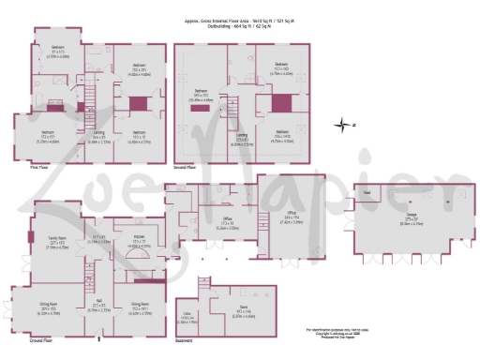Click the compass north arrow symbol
pos(344,124)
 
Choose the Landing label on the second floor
pos(240,140)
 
